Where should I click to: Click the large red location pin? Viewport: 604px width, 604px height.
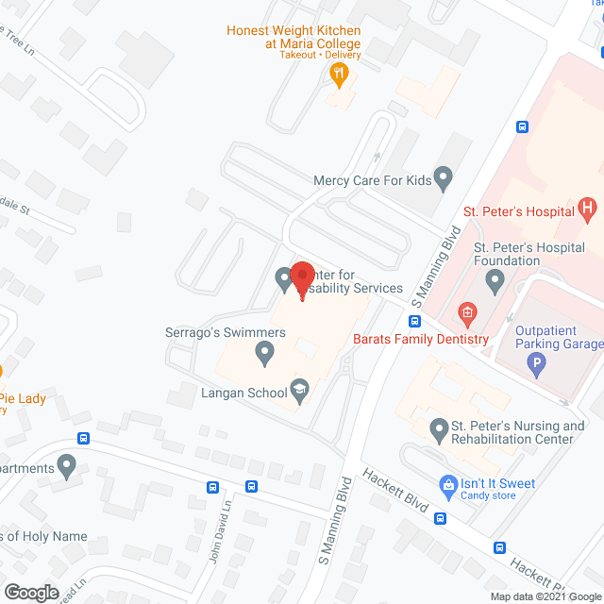pyautogui.click(x=302, y=277)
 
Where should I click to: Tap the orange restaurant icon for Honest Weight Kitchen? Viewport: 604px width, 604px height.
pyautogui.click(x=340, y=72)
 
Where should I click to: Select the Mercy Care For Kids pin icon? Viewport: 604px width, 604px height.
pyautogui.click(x=445, y=176)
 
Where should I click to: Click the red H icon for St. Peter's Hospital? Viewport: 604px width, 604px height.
pyautogui.click(x=587, y=208)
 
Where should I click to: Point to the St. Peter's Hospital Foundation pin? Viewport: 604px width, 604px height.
pyautogui.click(x=494, y=280)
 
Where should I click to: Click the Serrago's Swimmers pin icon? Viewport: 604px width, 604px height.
pyautogui.click(x=265, y=355)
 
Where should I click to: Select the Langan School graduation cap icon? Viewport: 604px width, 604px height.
pyautogui.click(x=299, y=389)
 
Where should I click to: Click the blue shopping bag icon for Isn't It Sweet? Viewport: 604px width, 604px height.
pyautogui.click(x=447, y=485)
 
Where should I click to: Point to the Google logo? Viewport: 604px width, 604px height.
pyautogui.click(x=31, y=592)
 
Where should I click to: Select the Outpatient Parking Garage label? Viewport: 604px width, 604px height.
pyautogui.click(x=559, y=337)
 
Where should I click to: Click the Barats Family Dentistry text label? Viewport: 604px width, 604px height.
pyautogui.click(x=421, y=339)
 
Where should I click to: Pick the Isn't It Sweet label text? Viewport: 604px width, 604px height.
pyautogui.click(x=497, y=483)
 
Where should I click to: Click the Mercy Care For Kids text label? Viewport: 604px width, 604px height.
pyautogui.click(x=373, y=178)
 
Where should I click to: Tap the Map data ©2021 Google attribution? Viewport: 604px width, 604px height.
pyautogui.click(x=545, y=596)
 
